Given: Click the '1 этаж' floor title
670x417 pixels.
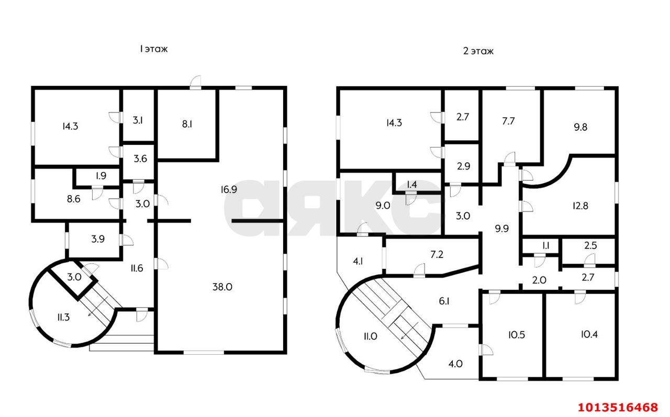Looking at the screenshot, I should pyautogui.click(x=153, y=49).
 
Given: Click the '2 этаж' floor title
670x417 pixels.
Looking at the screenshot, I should pyautogui.click(x=478, y=51).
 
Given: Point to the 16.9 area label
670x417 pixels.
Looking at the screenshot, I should pyautogui.click(x=229, y=189).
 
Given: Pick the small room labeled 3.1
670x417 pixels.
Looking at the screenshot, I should pyautogui.click(x=138, y=120).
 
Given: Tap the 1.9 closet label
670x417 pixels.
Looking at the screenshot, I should pyautogui.click(x=100, y=176).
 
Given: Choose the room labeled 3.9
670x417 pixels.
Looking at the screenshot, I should pyautogui.click(x=97, y=239).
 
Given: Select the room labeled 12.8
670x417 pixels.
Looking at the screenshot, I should pyautogui.click(x=579, y=206).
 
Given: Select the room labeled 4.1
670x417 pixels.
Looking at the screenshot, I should pyautogui.click(x=359, y=261).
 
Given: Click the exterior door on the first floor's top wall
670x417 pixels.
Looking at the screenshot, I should pyautogui.click(x=195, y=83).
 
